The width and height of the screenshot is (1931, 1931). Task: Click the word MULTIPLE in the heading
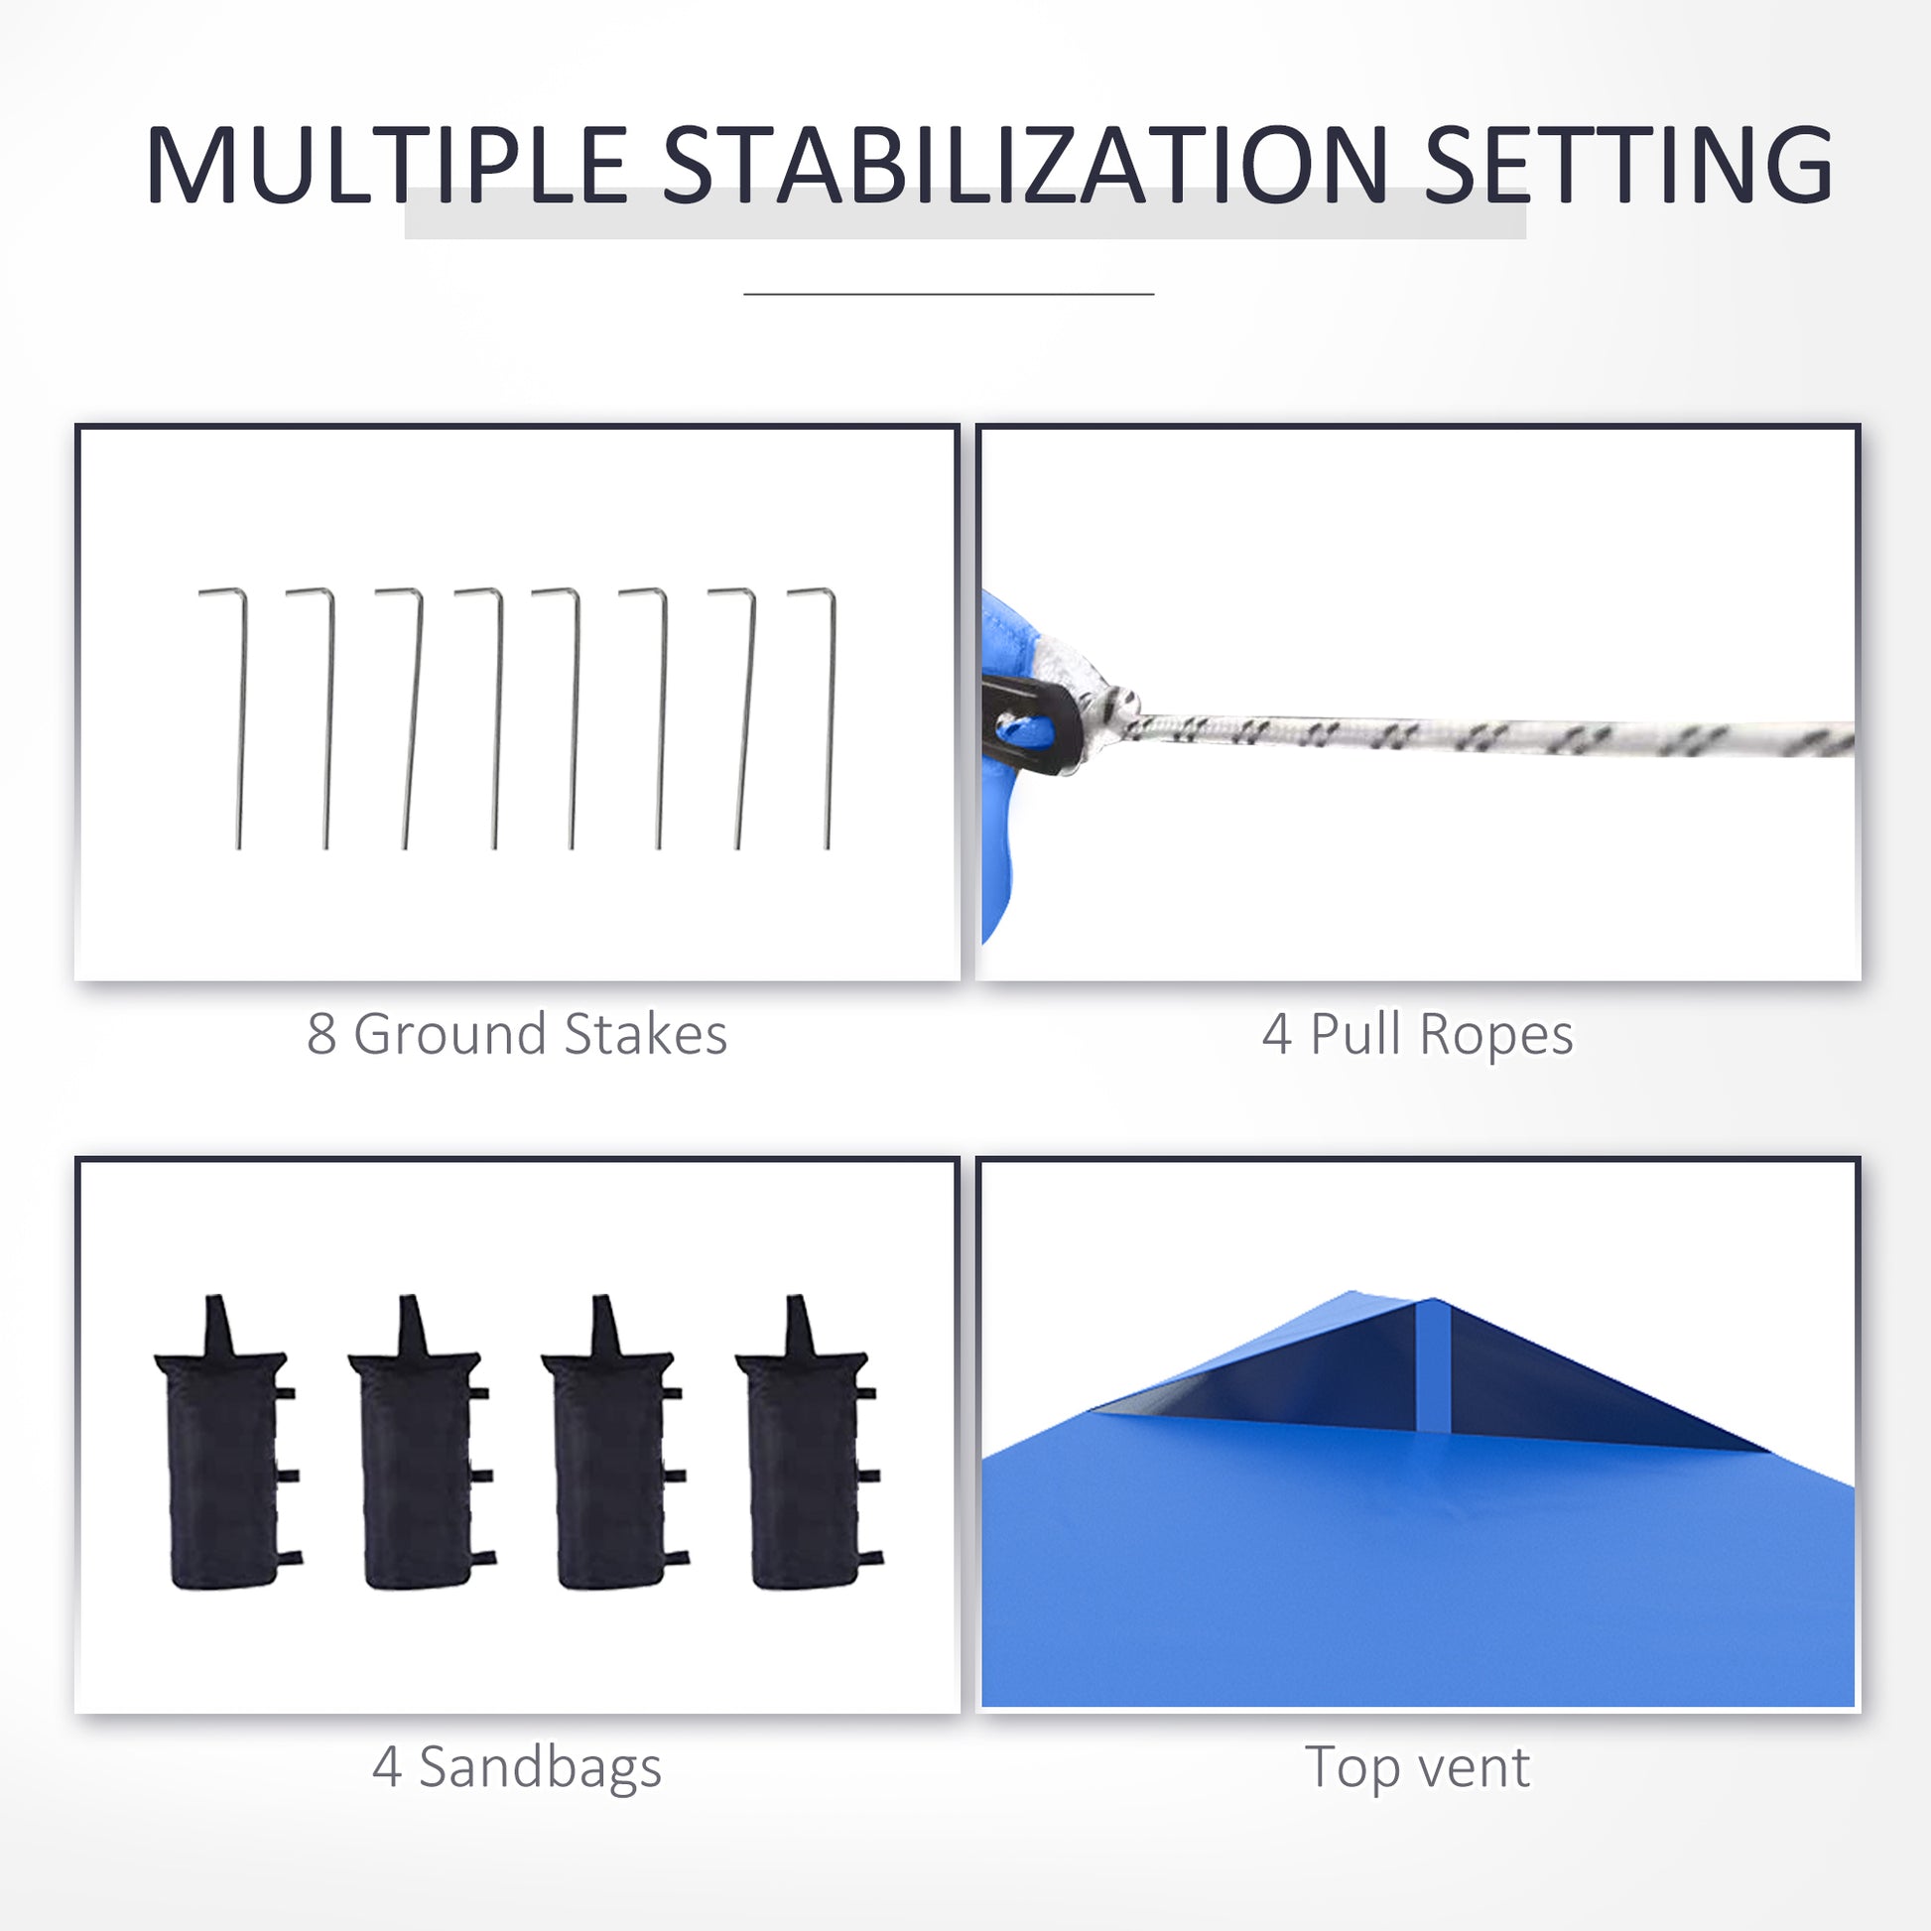pyautogui.click(x=387, y=165)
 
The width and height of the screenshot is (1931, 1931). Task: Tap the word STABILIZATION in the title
pyautogui.click(x=1024, y=165)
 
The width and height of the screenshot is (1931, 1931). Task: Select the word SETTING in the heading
pyautogui.click(x=1628, y=165)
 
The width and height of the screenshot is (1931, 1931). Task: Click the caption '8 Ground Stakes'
pyautogui.click(x=517, y=1033)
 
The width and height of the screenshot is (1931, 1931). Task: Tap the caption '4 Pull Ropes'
pyautogui.click(x=1417, y=1033)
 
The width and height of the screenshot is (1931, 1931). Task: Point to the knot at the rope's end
pyautogui.click(x=1114, y=711)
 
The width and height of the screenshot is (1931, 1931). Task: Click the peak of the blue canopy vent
pyautogui.click(x=1431, y=1299)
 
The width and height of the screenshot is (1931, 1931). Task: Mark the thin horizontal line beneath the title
pyautogui.click(x=949, y=294)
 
